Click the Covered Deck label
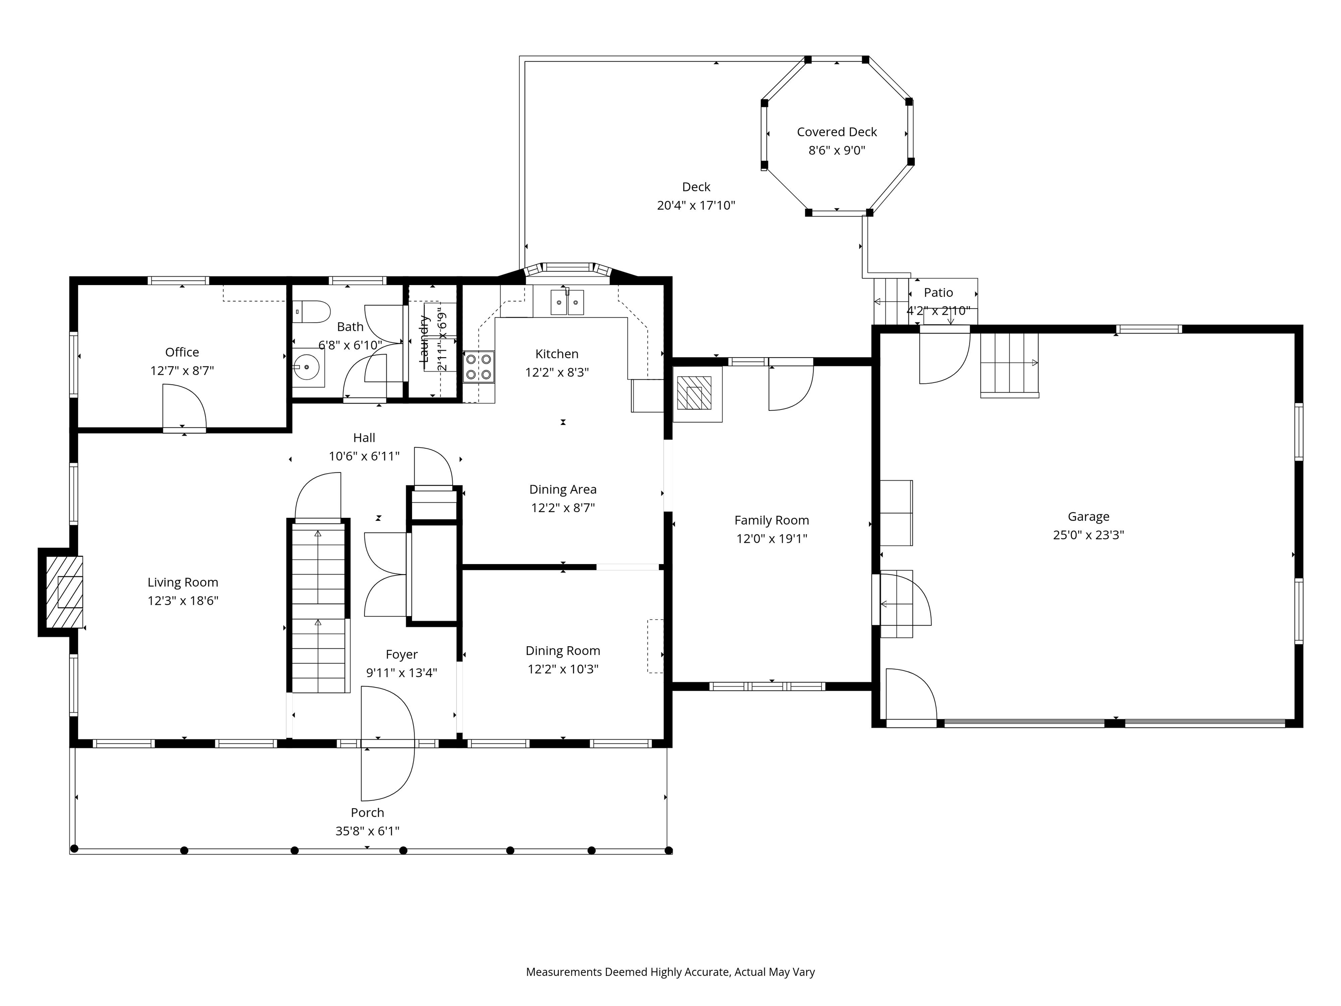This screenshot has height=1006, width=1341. [837, 131]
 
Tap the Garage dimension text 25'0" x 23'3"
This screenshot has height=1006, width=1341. [1088, 535]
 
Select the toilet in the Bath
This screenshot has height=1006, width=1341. [312, 311]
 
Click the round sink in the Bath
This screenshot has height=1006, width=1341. [307, 367]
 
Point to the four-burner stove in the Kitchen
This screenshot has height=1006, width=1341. [478, 366]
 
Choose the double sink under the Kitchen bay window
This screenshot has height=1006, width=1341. [567, 303]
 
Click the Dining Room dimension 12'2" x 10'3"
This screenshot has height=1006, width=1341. [563, 669]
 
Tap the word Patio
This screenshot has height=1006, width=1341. [938, 292]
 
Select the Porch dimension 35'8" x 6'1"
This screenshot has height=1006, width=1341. [368, 831]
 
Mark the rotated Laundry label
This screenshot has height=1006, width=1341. [424, 340]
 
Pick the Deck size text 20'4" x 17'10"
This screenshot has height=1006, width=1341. [695, 205]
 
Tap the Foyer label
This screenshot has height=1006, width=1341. [401, 655]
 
